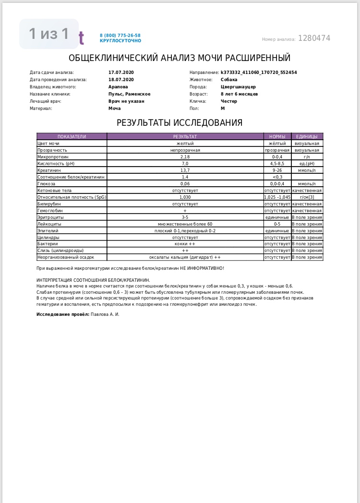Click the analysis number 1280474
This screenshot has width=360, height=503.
coord(314,38)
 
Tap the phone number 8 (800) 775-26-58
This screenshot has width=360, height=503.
coord(120,36)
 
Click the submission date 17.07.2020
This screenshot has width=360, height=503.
coord(121,72)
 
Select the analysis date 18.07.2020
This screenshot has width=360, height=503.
coord(121,80)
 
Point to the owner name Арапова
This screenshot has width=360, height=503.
coord(118,87)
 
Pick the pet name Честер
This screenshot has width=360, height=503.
coord(229,101)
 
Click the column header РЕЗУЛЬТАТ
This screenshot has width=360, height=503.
coord(185,137)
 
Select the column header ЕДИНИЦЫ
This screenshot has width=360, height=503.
coord(307,137)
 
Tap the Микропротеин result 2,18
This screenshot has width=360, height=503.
coord(185,157)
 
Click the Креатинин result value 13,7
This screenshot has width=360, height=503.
coord(185,170)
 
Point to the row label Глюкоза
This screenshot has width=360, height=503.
coord(47,184)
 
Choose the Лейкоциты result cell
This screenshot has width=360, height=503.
coord(185,224)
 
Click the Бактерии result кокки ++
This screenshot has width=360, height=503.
coord(185,244)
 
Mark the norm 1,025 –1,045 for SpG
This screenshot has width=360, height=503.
coord(277,197)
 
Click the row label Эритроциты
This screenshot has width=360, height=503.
coord(50,217)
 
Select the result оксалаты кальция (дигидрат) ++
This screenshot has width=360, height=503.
coord(185,257)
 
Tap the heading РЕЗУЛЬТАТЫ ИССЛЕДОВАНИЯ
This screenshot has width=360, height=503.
coord(180,123)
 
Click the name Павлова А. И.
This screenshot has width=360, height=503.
coord(105,314)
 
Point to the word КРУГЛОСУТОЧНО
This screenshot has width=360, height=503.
coord(120,41)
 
